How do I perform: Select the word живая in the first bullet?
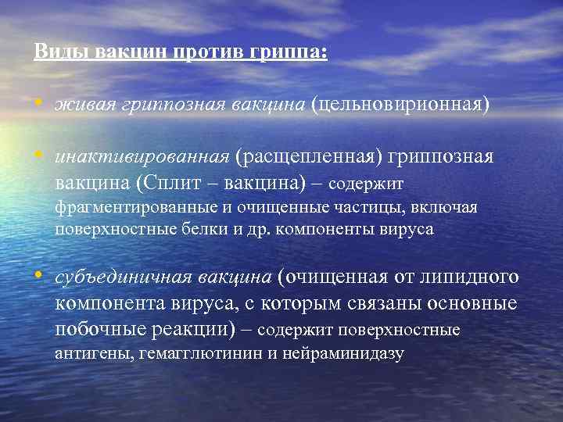point(83,105)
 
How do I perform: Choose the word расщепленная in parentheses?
point(311,157)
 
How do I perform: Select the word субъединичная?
point(113,277)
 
